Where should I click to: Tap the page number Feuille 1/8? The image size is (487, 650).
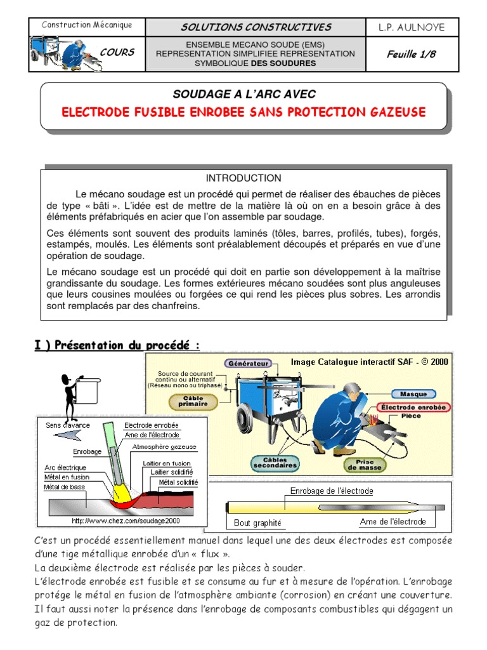(x=412, y=54)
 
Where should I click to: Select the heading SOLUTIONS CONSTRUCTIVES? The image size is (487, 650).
(x=256, y=27)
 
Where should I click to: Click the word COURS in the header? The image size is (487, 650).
(x=117, y=52)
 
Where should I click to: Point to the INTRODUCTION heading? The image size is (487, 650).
(x=243, y=178)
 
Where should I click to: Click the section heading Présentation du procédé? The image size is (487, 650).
(x=117, y=345)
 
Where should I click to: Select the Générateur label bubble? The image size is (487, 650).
(x=247, y=364)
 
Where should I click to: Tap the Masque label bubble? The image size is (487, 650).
(x=413, y=394)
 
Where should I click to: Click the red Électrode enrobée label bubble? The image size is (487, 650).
(x=413, y=407)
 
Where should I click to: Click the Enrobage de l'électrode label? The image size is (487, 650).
(x=331, y=491)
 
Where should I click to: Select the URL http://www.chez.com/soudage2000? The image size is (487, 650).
(x=126, y=521)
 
